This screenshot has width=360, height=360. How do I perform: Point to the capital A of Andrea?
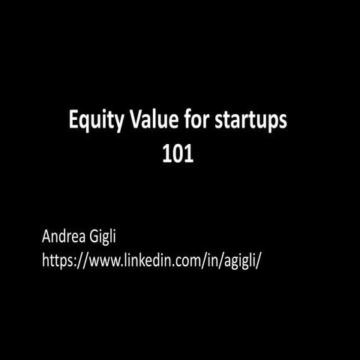(47, 238)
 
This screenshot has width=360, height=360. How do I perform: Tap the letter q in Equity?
(85, 122)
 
